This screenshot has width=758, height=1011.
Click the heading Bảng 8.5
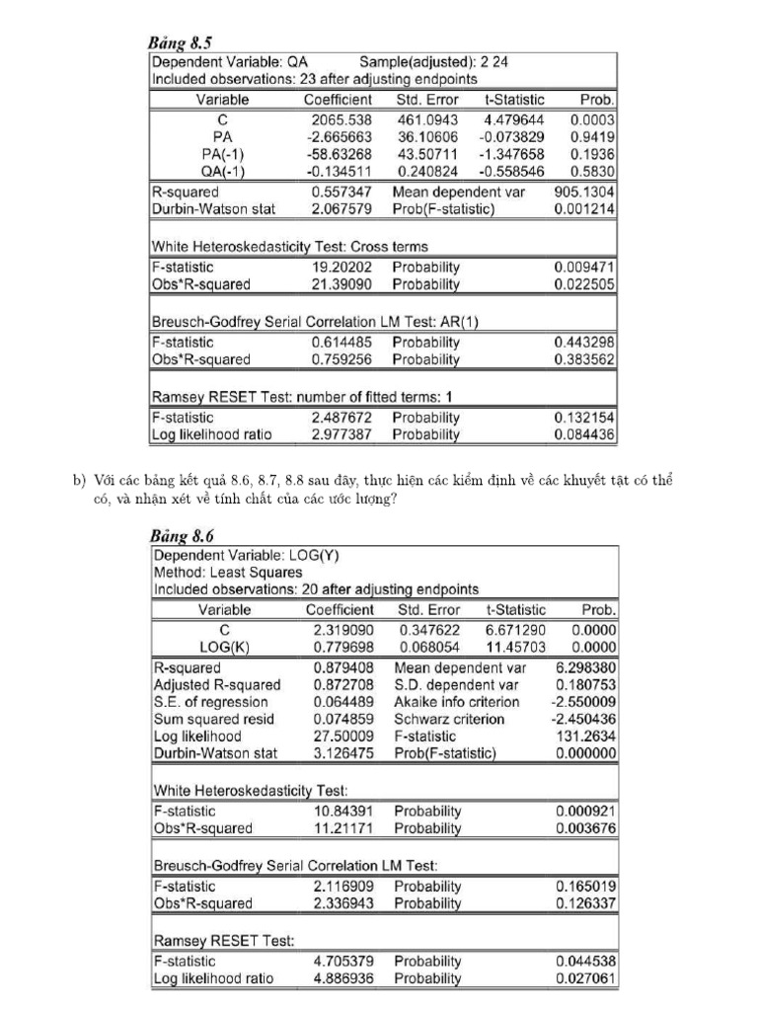[182, 43]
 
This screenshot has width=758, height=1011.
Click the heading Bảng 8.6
[183, 536]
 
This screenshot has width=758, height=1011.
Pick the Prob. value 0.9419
[593, 136]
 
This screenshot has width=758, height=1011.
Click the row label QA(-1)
[222, 172]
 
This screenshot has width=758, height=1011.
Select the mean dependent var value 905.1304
[585, 192]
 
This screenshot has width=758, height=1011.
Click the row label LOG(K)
[224, 647]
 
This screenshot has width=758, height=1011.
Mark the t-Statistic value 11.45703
[514, 647]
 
